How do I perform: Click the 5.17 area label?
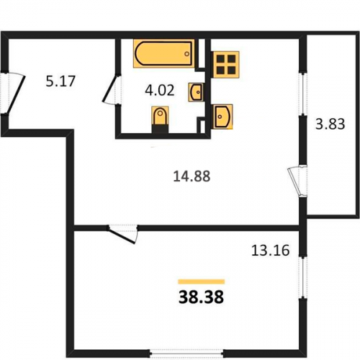click(x=60, y=81)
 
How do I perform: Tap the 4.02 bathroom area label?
click(x=160, y=91)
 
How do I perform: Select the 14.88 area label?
click(x=192, y=176)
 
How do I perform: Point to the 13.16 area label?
click(x=271, y=251)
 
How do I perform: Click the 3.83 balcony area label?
click(x=330, y=124)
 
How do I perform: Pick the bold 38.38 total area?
click(x=201, y=297)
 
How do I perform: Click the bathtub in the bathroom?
click(x=164, y=53)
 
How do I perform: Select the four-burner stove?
click(x=226, y=65)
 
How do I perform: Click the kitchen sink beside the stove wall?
click(x=222, y=117)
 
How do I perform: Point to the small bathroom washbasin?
click(x=197, y=92)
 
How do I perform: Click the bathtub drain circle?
click(x=186, y=54)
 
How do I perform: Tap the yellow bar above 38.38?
click(x=201, y=282)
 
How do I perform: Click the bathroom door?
click(x=112, y=89)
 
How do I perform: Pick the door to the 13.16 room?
click(x=123, y=234)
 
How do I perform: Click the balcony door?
click(x=297, y=181)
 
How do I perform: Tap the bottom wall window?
click(x=186, y=354)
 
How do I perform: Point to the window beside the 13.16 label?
click(x=303, y=278)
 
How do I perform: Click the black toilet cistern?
click(x=160, y=128)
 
